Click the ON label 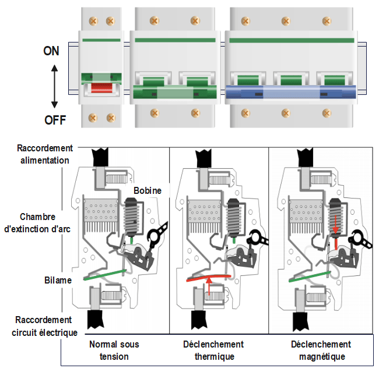51,51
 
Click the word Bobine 147,190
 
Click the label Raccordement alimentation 43,154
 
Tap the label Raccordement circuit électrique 43,326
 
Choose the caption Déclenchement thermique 216,350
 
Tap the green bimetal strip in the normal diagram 106,275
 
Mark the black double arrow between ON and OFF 54,86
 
